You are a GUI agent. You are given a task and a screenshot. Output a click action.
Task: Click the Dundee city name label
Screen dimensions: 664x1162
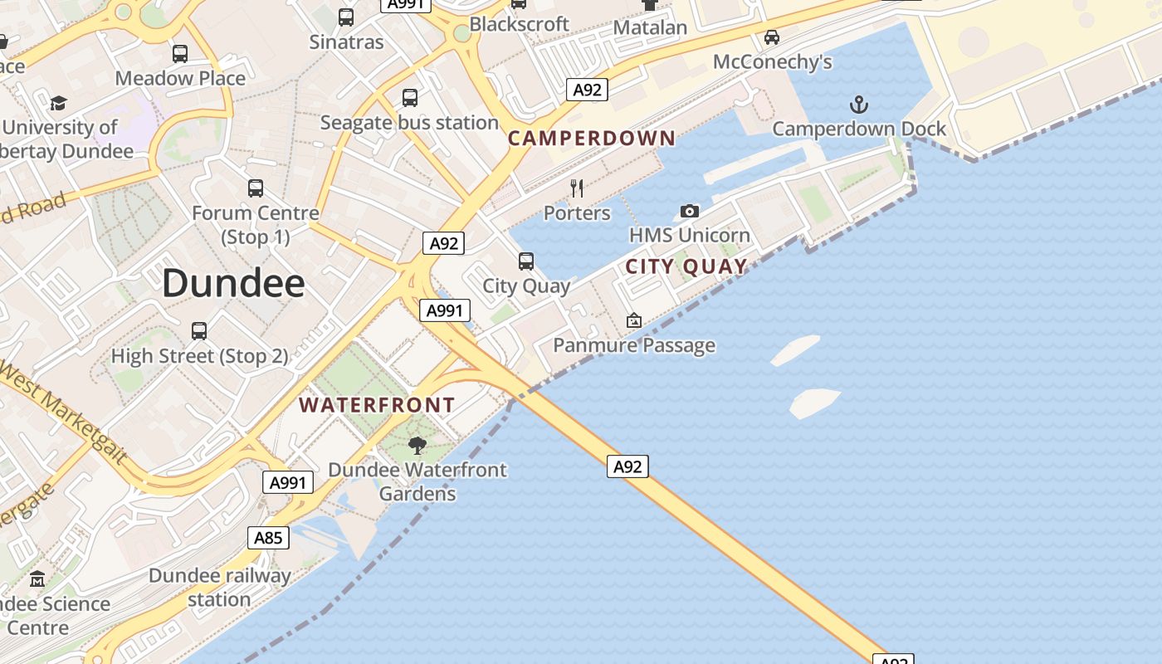(233, 284)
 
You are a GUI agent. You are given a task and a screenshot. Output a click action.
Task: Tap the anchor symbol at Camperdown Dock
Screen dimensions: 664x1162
(859, 105)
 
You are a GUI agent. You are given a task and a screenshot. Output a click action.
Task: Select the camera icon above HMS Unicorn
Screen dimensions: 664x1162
(689, 212)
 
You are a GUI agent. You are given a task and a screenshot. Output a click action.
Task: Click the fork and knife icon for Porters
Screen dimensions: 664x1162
(578, 188)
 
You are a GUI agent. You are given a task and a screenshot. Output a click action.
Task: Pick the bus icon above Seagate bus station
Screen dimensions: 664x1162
(410, 98)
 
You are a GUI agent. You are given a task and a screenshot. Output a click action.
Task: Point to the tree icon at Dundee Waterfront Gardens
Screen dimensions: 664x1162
(417, 446)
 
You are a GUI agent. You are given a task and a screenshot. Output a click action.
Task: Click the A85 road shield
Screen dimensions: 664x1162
(268, 538)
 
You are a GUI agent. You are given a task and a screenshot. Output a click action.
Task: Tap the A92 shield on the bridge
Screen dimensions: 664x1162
(627, 466)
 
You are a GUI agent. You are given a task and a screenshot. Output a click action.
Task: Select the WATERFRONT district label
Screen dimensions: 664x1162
(377, 405)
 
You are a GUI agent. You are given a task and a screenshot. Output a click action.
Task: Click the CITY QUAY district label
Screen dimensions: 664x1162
(686, 266)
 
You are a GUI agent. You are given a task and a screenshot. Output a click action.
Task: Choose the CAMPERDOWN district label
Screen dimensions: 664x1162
(592, 139)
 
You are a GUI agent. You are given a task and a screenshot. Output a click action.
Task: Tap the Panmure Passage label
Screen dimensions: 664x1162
(634, 345)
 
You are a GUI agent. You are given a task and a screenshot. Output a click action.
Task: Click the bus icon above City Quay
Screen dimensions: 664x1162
(526, 261)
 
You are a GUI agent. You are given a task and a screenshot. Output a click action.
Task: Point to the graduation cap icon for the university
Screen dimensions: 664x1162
(58, 103)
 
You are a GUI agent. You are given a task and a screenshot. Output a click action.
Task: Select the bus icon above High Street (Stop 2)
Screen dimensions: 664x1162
(199, 331)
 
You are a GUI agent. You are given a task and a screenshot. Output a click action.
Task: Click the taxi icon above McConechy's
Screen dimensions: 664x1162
(772, 37)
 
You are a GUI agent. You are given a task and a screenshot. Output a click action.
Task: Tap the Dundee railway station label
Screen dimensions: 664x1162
(220, 587)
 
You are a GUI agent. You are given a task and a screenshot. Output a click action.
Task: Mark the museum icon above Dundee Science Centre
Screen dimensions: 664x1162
(37, 579)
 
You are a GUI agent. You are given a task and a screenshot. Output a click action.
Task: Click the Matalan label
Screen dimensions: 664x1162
(650, 27)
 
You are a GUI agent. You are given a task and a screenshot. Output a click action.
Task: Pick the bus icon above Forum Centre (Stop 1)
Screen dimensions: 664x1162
(256, 188)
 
